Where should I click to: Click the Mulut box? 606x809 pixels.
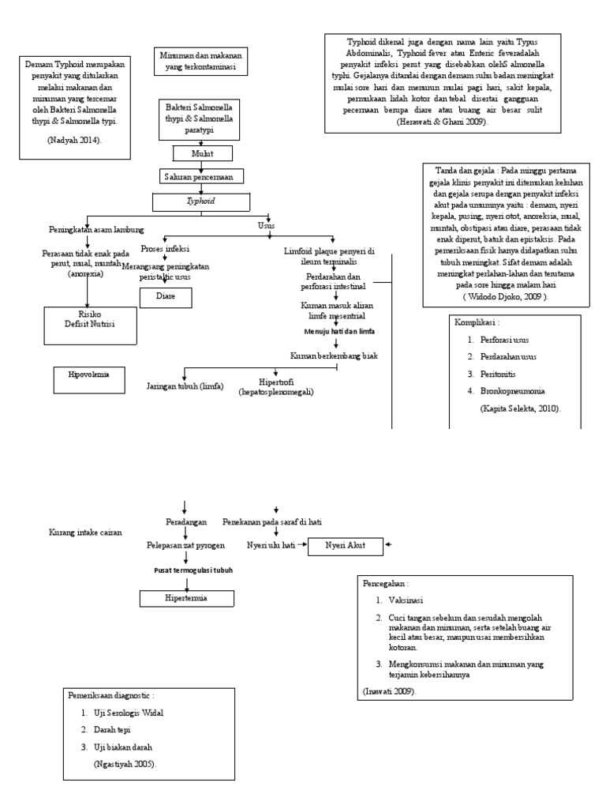tap(203, 153)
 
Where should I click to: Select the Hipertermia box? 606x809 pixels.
tap(187, 599)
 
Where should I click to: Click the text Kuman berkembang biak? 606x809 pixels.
tap(334, 356)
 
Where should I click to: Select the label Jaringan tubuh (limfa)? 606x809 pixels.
tap(185, 386)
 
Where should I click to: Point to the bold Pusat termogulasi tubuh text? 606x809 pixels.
tap(188, 570)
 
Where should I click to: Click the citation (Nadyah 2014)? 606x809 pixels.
tap(75, 139)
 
